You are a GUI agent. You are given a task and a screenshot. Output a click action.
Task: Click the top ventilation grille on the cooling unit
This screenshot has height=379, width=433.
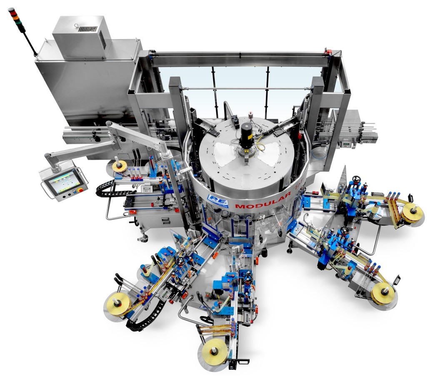88,29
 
